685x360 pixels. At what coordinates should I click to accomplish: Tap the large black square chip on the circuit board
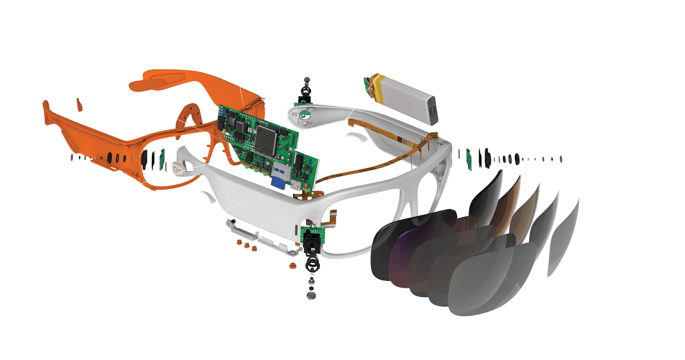pyautogui.click(x=265, y=140)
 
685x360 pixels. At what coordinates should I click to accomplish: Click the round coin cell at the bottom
pyautogui.click(x=312, y=295)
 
